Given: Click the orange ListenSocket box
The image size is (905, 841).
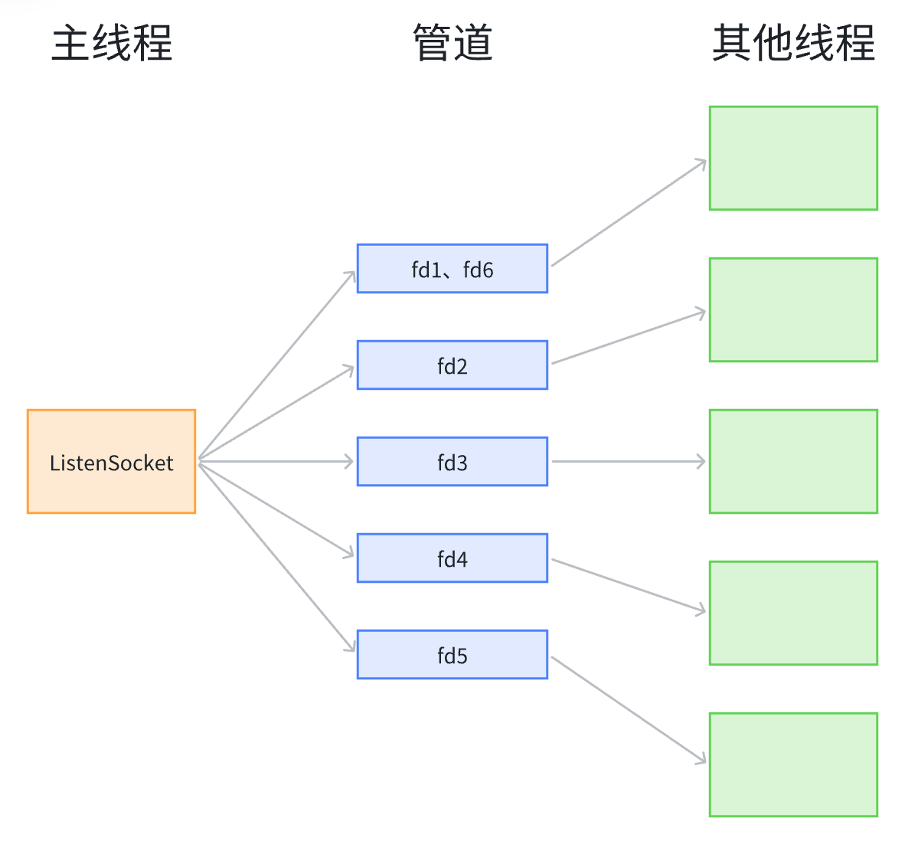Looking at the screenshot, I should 111,462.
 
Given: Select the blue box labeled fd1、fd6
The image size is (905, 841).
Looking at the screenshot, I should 452,269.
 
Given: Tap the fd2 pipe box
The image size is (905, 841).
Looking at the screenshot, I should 452,365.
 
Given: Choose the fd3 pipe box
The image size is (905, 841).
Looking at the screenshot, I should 452,462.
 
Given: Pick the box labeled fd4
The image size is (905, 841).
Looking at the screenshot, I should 452,558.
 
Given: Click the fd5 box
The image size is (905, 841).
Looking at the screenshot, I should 452,655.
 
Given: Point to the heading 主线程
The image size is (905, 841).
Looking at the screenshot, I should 112,43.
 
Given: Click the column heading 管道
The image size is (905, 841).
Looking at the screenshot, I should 452,43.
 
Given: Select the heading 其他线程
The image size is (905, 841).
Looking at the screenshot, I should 793,43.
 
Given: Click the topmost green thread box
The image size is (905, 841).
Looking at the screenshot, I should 793,159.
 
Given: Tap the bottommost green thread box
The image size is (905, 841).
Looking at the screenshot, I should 793,765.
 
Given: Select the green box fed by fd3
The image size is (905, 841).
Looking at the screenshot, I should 793,462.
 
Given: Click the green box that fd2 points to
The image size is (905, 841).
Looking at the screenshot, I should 793,310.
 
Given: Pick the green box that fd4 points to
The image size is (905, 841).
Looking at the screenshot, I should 793,614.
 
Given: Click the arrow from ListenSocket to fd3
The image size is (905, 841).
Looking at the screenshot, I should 276,462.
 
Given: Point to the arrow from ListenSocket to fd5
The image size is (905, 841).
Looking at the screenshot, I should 276,556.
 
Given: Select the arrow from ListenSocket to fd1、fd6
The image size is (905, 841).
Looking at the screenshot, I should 276,366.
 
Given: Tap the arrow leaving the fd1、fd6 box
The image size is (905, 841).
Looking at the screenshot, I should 628,212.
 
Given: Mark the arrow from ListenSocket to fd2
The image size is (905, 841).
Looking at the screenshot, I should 276,414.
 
